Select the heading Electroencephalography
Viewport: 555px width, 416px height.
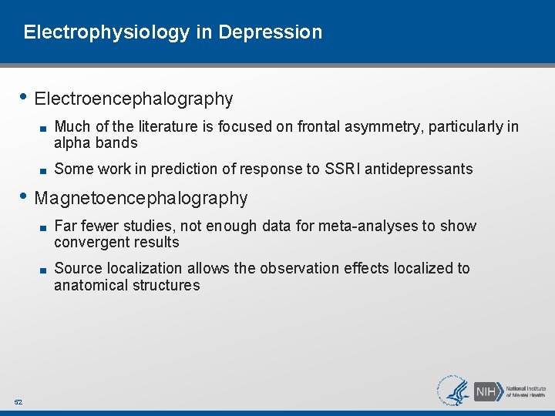[x=133, y=99]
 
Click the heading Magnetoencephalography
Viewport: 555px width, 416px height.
[x=141, y=199]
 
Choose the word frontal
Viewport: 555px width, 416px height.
[x=318, y=126]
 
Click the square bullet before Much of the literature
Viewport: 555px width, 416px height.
[x=45, y=127]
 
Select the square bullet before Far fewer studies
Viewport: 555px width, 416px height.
[x=45, y=226]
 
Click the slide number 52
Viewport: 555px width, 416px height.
[x=18, y=402]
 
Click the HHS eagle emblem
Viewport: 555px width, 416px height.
[x=454, y=391]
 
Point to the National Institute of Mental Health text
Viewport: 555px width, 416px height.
[x=526, y=391]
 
